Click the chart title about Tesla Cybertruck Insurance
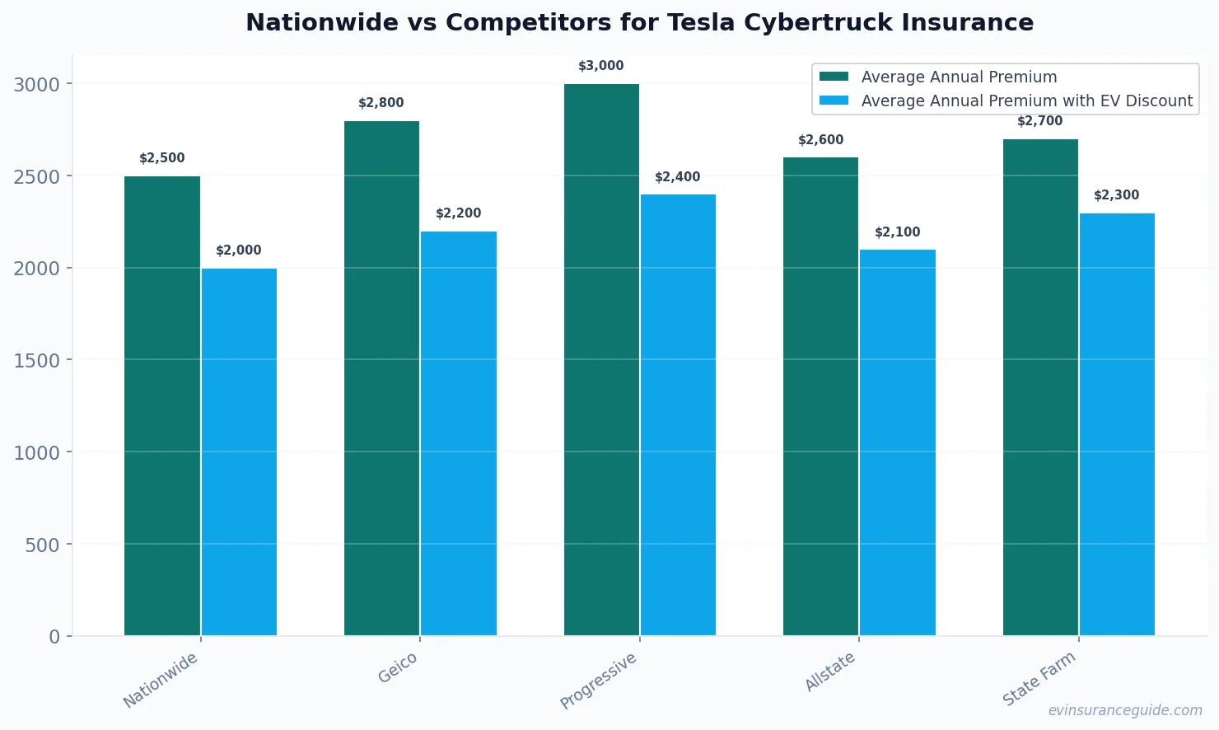click(x=639, y=23)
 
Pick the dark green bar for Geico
click(x=381, y=378)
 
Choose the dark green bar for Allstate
click(x=820, y=396)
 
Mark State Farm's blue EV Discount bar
click(x=1117, y=424)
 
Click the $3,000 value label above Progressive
click(x=600, y=66)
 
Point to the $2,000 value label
click(x=238, y=250)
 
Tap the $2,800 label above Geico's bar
click(x=381, y=103)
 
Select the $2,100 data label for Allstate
click(x=897, y=232)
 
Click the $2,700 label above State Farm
click(x=1039, y=121)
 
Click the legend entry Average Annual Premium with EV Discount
click(x=1026, y=101)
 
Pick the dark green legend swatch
click(x=834, y=77)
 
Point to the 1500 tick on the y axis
click(x=36, y=361)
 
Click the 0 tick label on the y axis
click(x=54, y=637)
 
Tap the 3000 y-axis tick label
click(x=36, y=85)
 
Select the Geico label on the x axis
click(x=398, y=668)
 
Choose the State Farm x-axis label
click(x=1039, y=679)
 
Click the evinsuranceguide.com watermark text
click(x=1124, y=710)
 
